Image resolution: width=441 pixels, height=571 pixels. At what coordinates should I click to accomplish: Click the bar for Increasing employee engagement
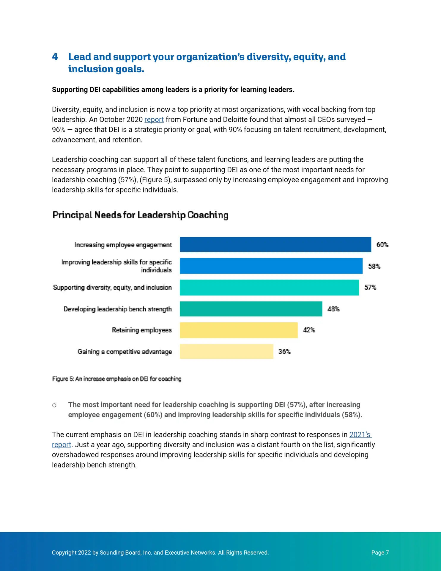275,244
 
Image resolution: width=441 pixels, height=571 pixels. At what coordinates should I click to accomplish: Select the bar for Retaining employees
239,330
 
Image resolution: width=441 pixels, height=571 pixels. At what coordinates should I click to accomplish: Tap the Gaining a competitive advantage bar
226,352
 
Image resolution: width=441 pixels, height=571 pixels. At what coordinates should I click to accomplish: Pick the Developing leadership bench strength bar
251,309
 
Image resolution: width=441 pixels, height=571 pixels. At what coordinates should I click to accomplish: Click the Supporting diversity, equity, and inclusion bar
269,288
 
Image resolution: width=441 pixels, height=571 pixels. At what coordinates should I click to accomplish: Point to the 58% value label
374,266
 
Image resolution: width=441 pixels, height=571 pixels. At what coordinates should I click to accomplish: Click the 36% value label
284,352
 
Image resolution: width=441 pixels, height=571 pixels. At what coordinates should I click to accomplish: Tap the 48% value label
333,309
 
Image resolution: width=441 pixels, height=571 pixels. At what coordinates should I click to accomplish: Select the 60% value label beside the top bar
382,244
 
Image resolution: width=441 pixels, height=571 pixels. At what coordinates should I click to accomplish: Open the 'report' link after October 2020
154,120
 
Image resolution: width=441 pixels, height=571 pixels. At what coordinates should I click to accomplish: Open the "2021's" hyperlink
360,434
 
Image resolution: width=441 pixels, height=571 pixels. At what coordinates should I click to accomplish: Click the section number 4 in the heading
55,57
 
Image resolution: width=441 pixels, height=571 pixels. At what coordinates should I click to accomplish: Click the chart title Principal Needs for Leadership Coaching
141,215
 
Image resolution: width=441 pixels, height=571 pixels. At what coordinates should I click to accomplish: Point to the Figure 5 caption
117,379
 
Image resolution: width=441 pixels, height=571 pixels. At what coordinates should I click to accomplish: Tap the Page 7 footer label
380,553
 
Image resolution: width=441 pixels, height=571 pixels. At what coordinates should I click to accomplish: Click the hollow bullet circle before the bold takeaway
54,405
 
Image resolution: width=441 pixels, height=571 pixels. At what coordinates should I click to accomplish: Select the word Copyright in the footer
64,553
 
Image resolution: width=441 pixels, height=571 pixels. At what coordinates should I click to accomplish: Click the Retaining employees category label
142,330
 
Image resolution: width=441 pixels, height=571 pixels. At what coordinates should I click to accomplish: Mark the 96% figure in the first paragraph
59,130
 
